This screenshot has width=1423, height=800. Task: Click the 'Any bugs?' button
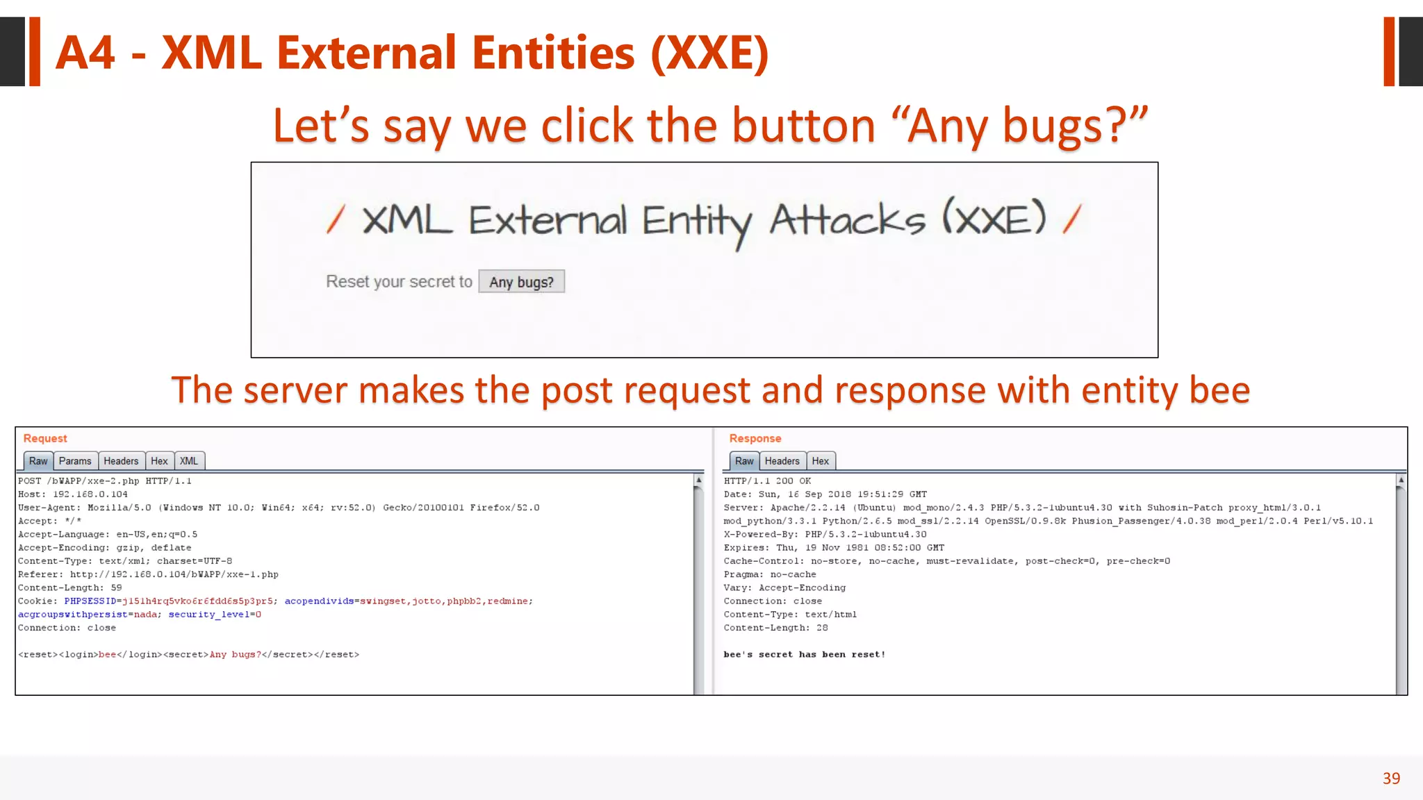point(521,282)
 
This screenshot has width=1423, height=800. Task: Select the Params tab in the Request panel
point(75,461)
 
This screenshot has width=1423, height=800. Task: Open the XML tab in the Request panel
point(189,461)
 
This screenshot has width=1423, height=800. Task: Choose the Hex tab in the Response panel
point(820,461)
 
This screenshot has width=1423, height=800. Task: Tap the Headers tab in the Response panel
point(782,461)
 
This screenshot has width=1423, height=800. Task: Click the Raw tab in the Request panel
point(38,461)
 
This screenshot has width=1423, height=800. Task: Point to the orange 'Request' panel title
point(45,438)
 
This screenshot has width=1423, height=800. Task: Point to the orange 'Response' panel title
point(755,438)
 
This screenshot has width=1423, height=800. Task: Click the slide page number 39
point(1391,778)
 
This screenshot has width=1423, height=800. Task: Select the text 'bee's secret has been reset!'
point(804,654)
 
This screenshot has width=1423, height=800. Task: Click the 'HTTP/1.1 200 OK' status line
point(767,481)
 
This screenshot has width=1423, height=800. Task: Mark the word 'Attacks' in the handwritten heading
point(847,221)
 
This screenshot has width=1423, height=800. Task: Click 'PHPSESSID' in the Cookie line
point(90,601)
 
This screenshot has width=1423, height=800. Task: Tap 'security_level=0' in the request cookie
point(215,615)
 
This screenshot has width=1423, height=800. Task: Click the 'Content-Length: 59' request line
point(69,587)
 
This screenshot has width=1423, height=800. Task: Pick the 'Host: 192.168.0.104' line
point(73,494)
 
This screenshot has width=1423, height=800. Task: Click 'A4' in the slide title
point(85,53)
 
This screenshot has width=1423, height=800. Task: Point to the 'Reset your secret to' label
point(399,282)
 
